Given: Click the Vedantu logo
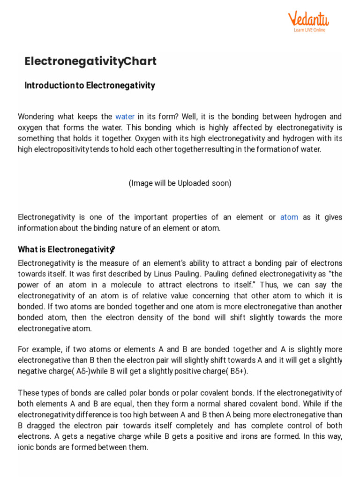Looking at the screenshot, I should [x=308, y=19].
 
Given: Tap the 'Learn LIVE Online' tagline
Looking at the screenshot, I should [x=309, y=30].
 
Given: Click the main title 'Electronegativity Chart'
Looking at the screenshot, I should [x=90, y=61].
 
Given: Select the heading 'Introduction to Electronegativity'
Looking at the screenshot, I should [x=90, y=86].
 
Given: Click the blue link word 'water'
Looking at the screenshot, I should [x=125, y=117].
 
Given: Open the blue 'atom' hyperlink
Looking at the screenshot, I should [x=289, y=217].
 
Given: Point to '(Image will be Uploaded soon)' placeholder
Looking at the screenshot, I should [x=180, y=183].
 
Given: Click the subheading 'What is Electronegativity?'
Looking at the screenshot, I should [x=67, y=249].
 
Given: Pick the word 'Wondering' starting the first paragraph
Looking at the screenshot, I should [x=36, y=117].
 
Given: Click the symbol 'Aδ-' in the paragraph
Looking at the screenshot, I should [x=82, y=372].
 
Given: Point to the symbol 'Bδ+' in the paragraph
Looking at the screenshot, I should [x=236, y=372].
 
